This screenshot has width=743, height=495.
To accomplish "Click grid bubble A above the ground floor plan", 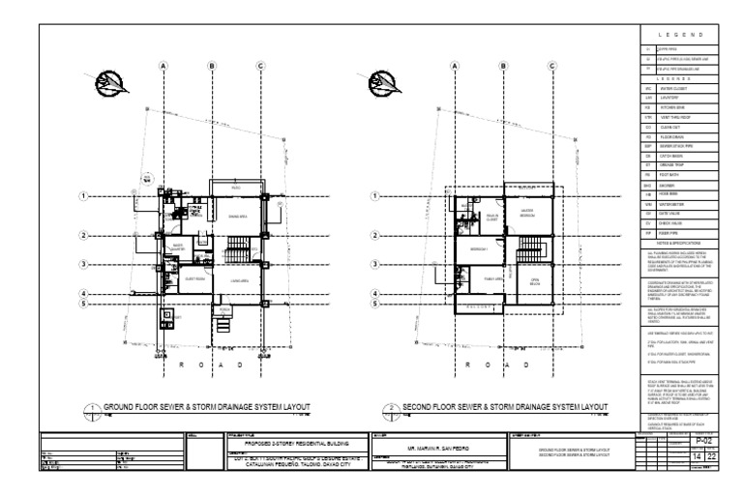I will tap(164, 66).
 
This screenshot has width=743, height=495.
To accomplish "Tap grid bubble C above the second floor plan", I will tap(551, 66).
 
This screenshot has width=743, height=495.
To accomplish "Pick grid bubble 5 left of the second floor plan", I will tap(374, 304).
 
